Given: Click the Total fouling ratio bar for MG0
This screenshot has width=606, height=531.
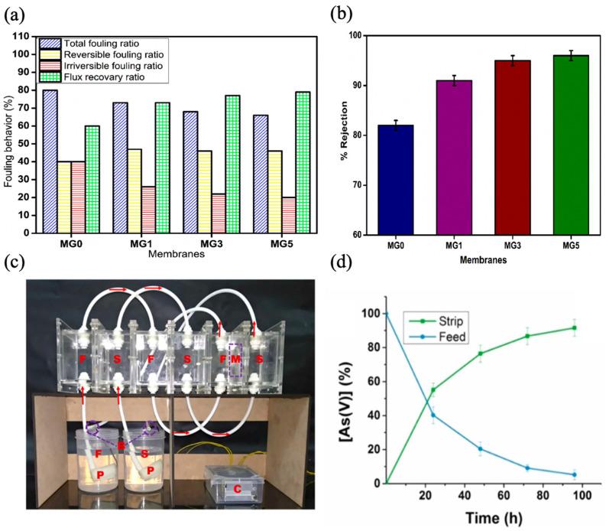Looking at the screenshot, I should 50,161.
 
